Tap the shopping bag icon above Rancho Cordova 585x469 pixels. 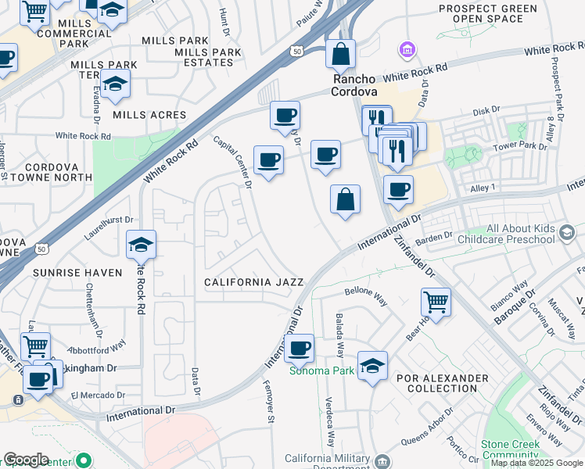340,55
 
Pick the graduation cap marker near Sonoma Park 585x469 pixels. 372,365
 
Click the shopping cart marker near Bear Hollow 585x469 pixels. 436,302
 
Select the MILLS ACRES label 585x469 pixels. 149,115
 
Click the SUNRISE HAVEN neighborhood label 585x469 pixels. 77,273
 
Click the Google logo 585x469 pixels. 26,460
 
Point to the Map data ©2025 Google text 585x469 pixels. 537,463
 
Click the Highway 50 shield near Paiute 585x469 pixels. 296,51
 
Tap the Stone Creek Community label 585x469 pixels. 511,449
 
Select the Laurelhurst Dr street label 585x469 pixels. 107,227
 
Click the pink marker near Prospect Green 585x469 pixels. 406,52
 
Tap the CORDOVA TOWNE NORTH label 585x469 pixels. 48,172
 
